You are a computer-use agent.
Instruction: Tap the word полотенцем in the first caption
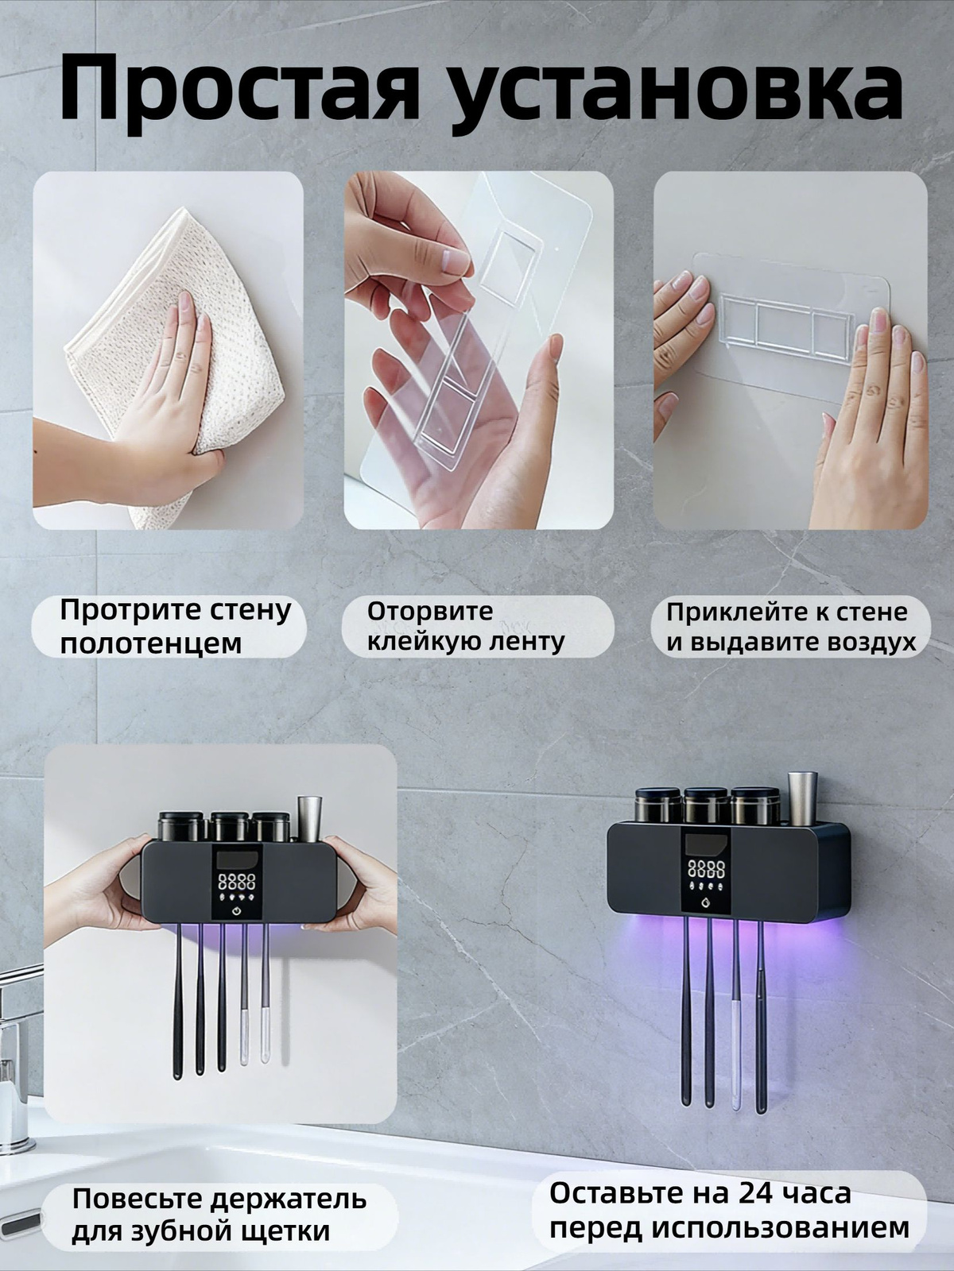tap(151, 644)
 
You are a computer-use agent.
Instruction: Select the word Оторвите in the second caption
tap(430, 611)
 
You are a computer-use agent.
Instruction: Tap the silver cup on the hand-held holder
tap(309, 819)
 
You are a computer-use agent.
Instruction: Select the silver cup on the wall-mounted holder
tap(801, 798)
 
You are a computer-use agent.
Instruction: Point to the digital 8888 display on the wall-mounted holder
tap(706, 868)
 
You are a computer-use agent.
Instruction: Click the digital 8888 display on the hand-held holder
tap(236, 883)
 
